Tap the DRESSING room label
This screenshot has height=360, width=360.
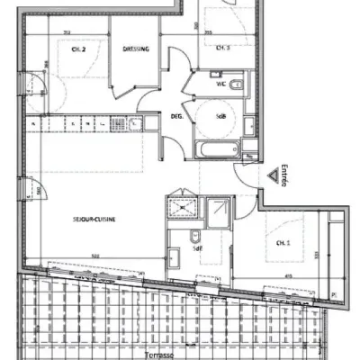[135, 49]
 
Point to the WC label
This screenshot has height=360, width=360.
[220, 85]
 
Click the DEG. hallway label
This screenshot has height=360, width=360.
[177, 116]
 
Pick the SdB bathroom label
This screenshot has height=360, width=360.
[220, 116]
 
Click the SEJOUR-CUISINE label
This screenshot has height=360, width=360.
[95, 217]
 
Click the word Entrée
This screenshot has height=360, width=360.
[283, 172]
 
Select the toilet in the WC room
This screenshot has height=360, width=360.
[235, 86]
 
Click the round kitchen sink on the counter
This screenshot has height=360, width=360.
[134, 123]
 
